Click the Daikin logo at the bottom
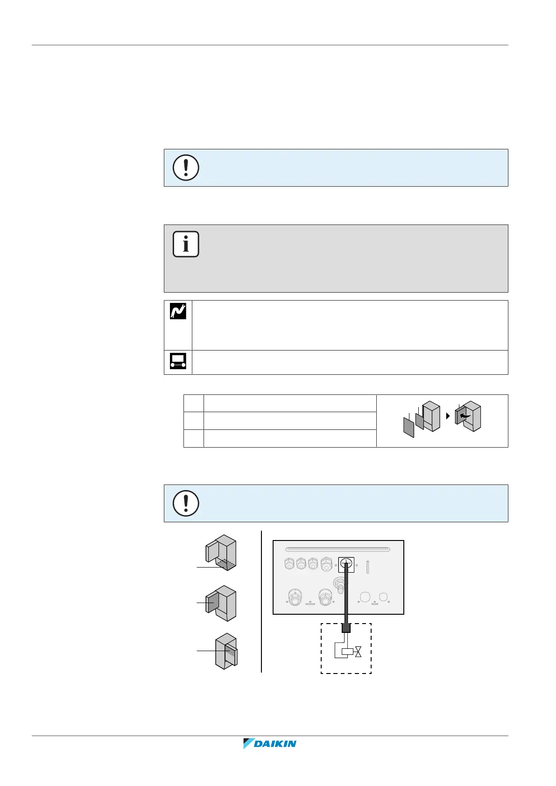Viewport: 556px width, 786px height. click(x=270, y=744)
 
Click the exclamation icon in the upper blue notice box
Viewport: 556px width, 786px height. click(x=186, y=168)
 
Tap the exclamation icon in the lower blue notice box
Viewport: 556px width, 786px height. click(x=186, y=503)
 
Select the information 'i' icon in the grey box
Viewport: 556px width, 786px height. click(x=186, y=244)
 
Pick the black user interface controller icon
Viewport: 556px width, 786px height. click(x=178, y=361)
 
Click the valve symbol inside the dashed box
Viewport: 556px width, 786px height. click(x=358, y=652)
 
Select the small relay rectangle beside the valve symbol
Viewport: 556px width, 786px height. click(x=347, y=652)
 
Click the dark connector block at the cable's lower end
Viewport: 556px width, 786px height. click(x=346, y=628)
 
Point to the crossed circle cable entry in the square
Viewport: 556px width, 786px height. click(x=346, y=565)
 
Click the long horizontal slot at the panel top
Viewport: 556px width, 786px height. click(x=338, y=549)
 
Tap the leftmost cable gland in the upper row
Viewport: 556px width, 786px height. click(x=289, y=565)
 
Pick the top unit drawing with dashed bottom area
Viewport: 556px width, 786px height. click(x=221, y=553)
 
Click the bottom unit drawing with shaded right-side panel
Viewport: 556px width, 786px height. click(x=226, y=651)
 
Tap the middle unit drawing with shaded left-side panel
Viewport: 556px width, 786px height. click(x=221, y=603)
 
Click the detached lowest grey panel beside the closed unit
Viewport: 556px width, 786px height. click(x=408, y=427)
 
